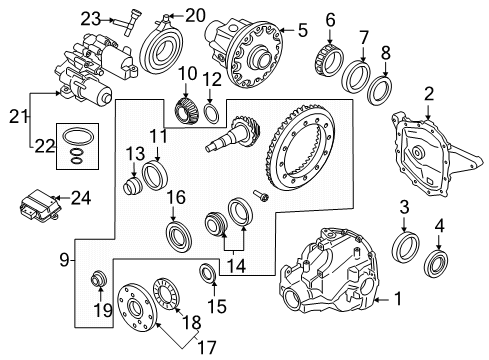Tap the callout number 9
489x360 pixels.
point(62,262)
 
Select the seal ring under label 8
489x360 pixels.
point(380,90)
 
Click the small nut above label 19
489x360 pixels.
point(98,277)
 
